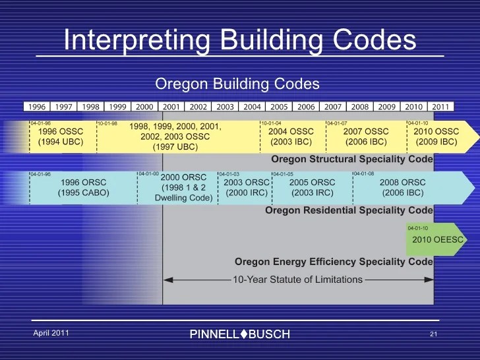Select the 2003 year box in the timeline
225,107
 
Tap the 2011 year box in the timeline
440,107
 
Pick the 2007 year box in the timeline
333,107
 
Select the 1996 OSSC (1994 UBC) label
61,136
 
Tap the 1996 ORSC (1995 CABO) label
83,187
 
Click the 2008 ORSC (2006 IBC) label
404,187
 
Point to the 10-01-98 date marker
108,123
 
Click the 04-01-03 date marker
229,174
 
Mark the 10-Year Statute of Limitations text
297,280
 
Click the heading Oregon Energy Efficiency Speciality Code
334,262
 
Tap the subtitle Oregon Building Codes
237,84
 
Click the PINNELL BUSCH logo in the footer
239,334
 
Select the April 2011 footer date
51,333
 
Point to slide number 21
433,334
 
